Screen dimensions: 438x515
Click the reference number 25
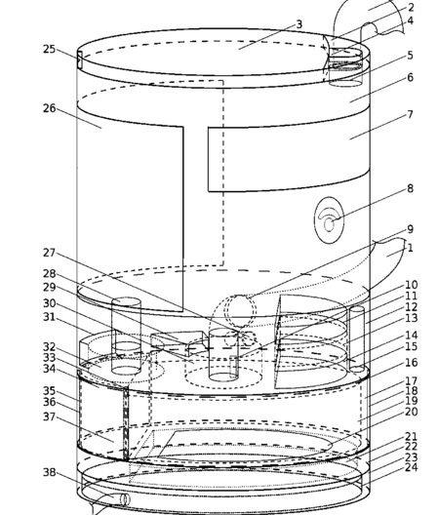(50, 50)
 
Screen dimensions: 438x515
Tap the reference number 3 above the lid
(299, 24)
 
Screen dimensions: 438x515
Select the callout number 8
(410, 188)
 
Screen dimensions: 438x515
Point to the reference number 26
(50, 108)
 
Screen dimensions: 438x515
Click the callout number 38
(50, 472)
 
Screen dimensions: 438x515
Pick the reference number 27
(50, 253)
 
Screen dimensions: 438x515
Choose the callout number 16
(411, 363)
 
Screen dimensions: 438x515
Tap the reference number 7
(410, 114)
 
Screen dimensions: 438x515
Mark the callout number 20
(411, 412)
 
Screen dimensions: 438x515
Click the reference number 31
(50, 317)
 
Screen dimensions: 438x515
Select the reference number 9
(410, 229)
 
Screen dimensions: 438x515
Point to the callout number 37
(50, 416)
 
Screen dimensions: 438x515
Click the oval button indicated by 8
(330, 220)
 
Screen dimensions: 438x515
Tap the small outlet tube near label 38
(125, 500)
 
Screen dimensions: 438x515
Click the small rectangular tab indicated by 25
(80, 59)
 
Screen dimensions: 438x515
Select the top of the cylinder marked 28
(126, 302)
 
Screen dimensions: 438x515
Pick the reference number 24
(411, 467)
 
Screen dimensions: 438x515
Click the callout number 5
(410, 56)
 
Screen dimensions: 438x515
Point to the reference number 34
(50, 369)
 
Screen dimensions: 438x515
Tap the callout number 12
(411, 307)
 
